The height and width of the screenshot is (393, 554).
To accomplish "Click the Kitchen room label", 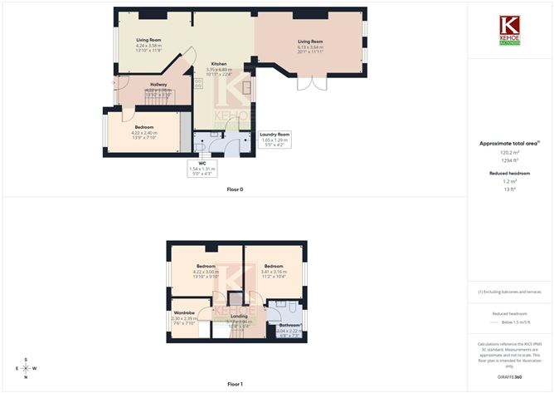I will pyautogui.click(x=219, y=64).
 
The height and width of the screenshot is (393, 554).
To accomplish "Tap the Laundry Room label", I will pyautogui.click(x=274, y=134).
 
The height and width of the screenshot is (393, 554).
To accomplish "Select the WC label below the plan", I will pyautogui.click(x=202, y=164).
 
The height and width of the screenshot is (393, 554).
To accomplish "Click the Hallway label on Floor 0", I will pyautogui.click(x=158, y=85).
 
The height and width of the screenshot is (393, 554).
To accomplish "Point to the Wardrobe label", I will pyautogui.click(x=184, y=313).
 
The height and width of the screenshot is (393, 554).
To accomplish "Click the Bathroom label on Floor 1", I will pyautogui.click(x=289, y=325).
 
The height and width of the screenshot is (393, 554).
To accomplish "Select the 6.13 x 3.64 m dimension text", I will pyautogui.click(x=310, y=47).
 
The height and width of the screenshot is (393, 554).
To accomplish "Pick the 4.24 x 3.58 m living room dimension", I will pyautogui.click(x=148, y=46).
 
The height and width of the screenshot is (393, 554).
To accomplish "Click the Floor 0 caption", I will pyautogui.click(x=235, y=189).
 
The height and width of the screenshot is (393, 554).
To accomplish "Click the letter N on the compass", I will pyautogui.click(x=26, y=378).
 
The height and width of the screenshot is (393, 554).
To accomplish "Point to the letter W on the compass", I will pyautogui.click(x=35, y=369).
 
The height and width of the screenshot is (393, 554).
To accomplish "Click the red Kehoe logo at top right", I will pyautogui.click(x=509, y=27).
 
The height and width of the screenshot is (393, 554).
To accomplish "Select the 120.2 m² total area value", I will pyautogui.click(x=509, y=153).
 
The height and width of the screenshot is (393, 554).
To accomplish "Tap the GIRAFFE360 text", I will pyautogui.click(x=509, y=377).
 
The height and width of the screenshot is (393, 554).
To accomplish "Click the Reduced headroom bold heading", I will pyautogui.click(x=509, y=173).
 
